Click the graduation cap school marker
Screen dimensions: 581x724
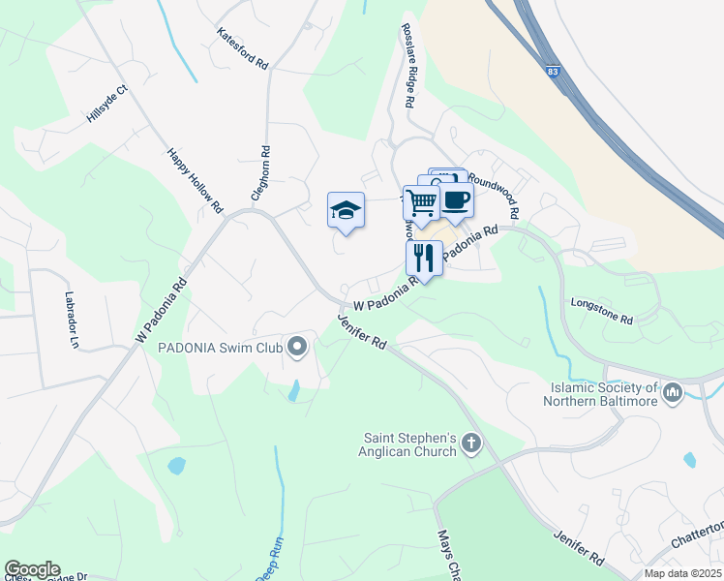[x=346, y=210]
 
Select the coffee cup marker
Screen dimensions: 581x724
[x=456, y=201]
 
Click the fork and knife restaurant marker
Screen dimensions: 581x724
[x=423, y=258]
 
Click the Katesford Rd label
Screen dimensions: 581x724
[x=243, y=47]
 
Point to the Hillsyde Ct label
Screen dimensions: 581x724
[x=106, y=104]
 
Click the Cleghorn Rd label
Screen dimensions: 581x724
[x=260, y=173]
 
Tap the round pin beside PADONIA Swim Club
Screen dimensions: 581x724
[x=297, y=346]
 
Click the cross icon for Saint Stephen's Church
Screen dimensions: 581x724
[x=471, y=444]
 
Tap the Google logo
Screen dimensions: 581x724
[x=32, y=568]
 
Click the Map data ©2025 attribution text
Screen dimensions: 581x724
[x=682, y=573]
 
